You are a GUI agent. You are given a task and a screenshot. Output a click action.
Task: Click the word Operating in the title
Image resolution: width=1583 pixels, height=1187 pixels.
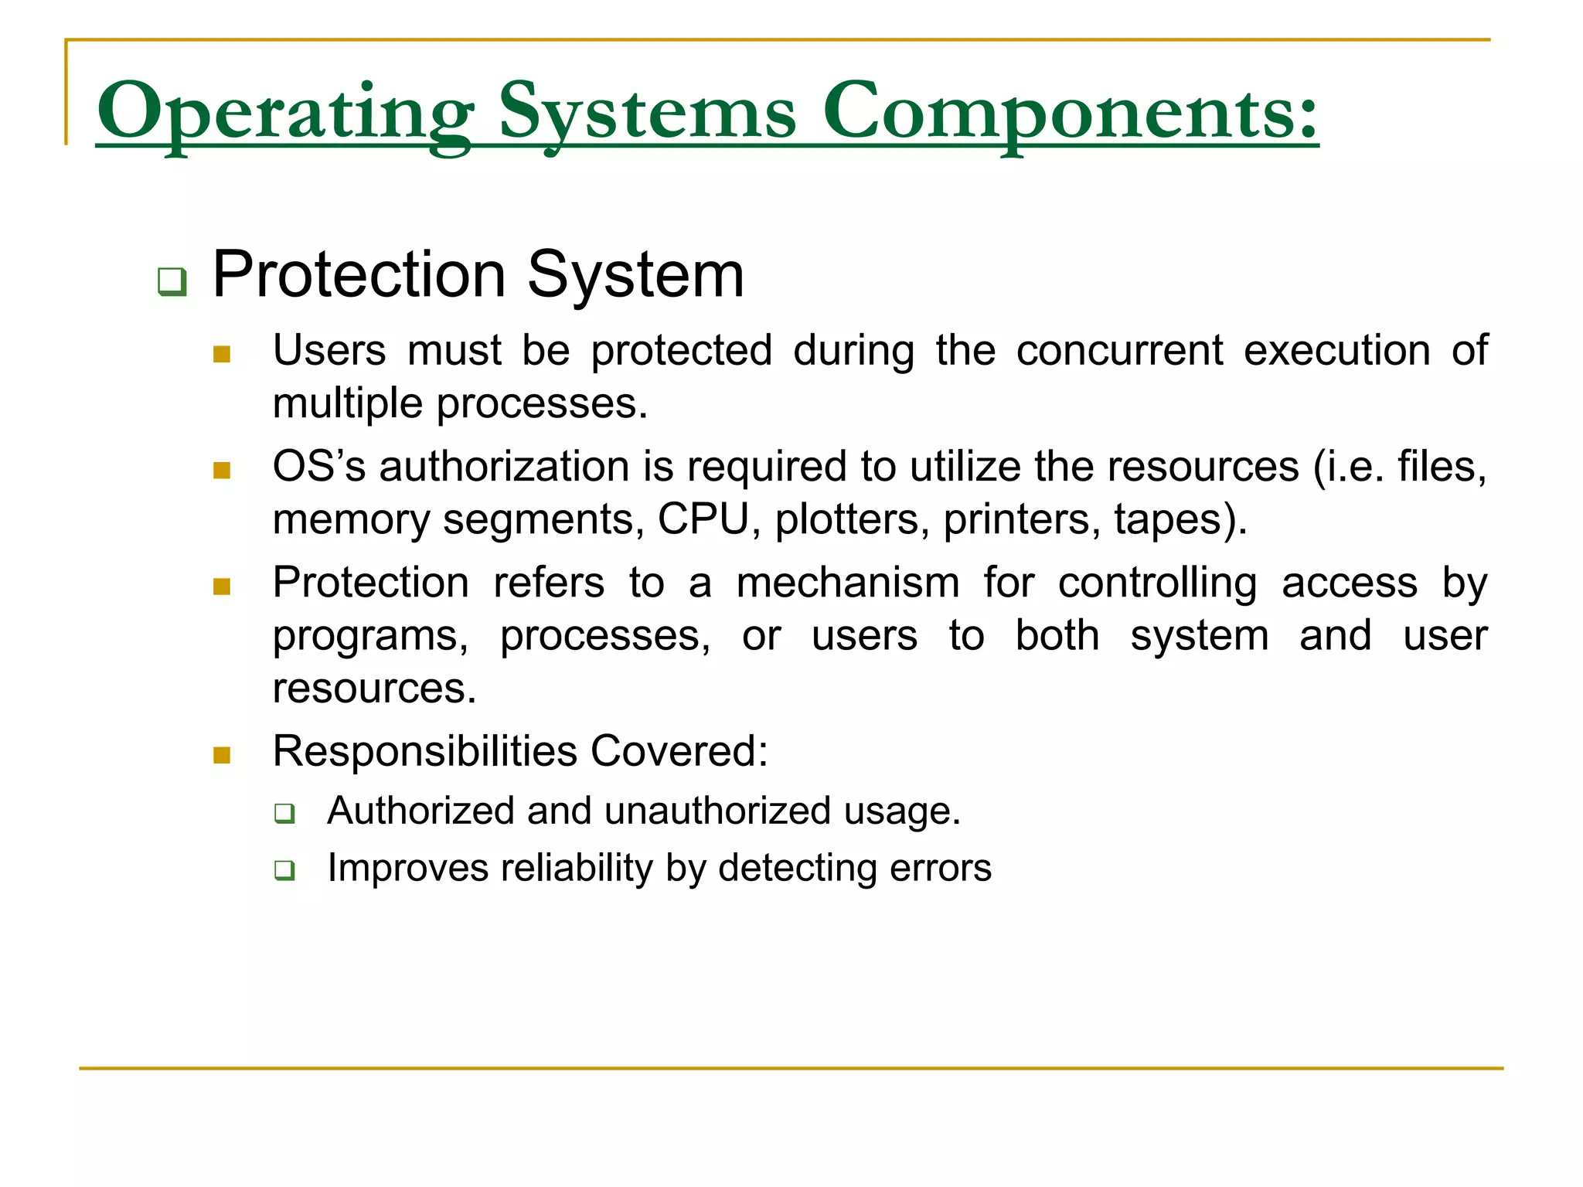[x=284, y=112]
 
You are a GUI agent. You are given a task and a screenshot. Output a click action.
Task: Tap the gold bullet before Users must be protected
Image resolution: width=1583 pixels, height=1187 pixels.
[x=222, y=355]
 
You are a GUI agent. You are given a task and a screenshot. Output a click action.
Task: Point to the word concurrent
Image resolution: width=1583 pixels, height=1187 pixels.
[x=1118, y=350]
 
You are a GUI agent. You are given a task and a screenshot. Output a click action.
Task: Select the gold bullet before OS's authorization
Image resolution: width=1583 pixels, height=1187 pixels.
[x=222, y=471]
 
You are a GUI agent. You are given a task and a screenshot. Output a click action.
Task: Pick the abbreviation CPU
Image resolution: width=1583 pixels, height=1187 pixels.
[x=703, y=519]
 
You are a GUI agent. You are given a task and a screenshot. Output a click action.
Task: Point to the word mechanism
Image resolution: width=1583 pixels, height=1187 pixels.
[x=847, y=583]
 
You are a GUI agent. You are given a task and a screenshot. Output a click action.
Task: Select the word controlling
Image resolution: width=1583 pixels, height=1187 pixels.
[x=1156, y=583]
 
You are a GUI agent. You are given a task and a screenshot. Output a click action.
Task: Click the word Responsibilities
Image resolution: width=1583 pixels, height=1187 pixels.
[x=425, y=751]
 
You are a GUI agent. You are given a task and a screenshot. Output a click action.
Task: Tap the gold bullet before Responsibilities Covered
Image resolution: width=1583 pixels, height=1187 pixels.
[x=222, y=755]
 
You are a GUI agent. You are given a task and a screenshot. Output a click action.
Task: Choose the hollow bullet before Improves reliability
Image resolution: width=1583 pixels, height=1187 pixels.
[x=284, y=870]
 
